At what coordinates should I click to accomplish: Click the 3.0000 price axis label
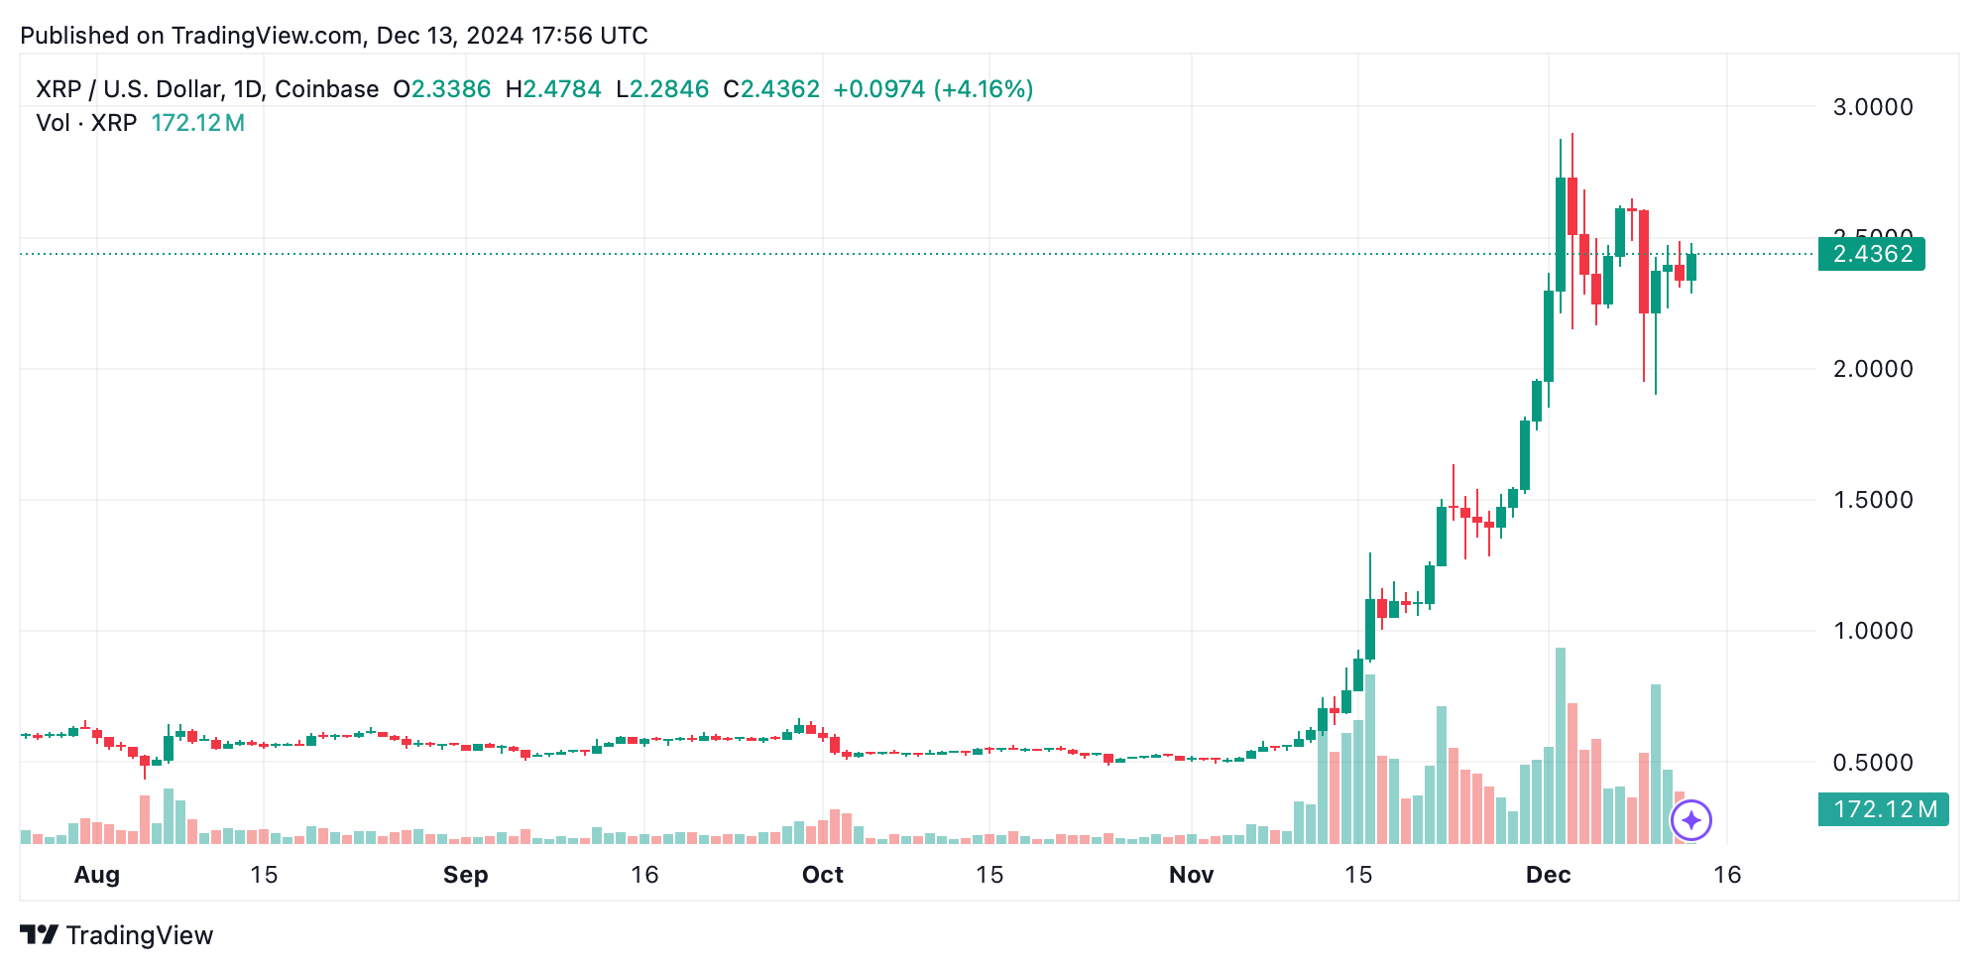tap(1872, 107)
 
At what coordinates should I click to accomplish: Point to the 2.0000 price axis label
tap(1872, 369)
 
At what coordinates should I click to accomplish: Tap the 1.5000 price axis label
tap(1872, 500)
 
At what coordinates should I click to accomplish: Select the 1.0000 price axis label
tap(1872, 631)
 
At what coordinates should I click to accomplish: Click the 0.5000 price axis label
tap(1872, 763)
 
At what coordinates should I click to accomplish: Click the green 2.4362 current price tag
tap(1871, 254)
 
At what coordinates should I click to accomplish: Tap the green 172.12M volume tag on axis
tap(1883, 809)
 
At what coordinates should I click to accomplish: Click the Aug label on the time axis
tap(97, 875)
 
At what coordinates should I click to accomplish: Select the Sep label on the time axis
tap(465, 875)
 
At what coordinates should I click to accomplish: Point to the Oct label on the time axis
tap(822, 875)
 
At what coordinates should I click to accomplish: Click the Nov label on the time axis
tap(1191, 875)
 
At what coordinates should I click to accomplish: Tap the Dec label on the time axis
tap(1548, 875)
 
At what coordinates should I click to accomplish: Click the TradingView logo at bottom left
tap(116, 935)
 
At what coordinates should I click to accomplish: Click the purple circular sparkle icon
tap(1690, 820)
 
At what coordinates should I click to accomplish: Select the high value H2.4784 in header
tap(553, 89)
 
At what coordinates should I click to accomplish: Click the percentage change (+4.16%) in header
tap(985, 89)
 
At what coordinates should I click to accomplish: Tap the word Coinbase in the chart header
tap(326, 89)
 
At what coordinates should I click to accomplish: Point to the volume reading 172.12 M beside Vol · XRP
tap(197, 123)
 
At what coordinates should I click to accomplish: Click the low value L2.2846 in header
tap(662, 89)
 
